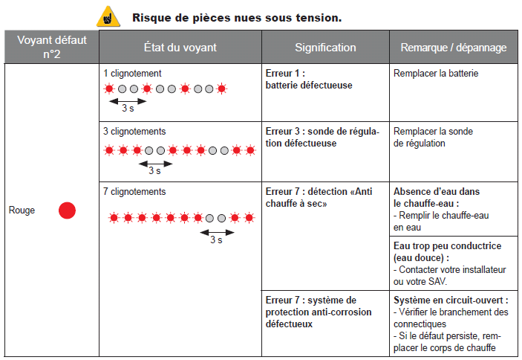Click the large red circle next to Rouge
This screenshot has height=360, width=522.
(x=68, y=210)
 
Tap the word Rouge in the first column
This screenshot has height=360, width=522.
(x=22, y=210)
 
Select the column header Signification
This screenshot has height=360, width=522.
(x=325, y=48)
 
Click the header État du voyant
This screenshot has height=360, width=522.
(x=180, y=48)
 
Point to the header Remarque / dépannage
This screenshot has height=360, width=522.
(x=454, y=48)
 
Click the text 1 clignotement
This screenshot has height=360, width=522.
(x=132, y=74)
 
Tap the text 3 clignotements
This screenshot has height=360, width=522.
(x=134, y=132)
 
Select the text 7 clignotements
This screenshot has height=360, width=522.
(x=134, y=191)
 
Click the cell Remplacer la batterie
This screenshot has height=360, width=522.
(x=436, y=74)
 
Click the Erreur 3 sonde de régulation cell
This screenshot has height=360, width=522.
(x=322, y=138)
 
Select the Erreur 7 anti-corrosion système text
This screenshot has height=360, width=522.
(x=319, y=312)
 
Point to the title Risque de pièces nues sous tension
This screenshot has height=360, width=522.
(x=237, y=16)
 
